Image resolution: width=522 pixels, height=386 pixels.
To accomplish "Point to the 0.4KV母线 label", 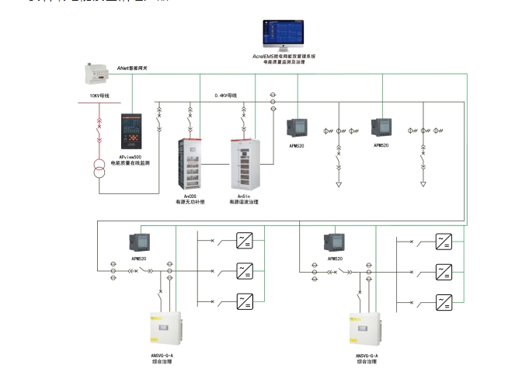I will (225, 96).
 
